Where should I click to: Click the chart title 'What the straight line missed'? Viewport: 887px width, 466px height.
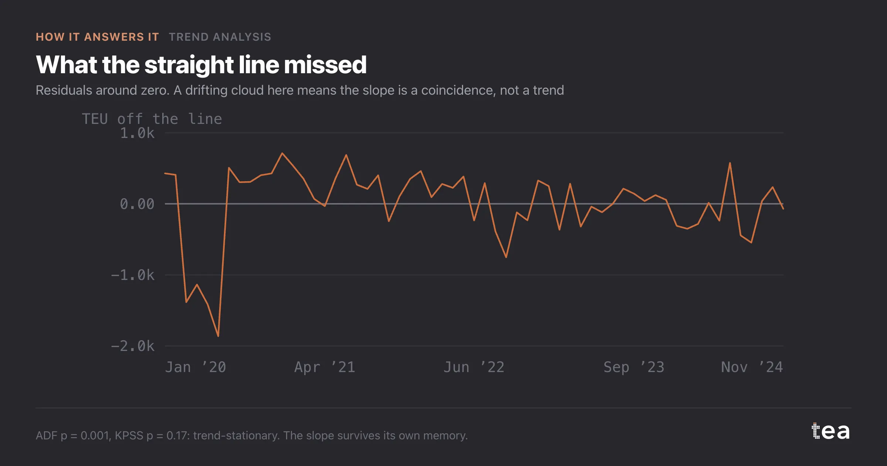[x=201, y=65]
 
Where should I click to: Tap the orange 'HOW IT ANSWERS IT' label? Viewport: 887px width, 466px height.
[x=98, y=37]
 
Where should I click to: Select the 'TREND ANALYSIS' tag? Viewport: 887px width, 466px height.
[x=220, y=37]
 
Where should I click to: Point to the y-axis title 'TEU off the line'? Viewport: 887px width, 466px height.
[x=152, y=119]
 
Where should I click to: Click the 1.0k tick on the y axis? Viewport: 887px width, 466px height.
[x=137, y=133]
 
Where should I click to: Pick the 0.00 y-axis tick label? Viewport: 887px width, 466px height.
[x=137, y=204]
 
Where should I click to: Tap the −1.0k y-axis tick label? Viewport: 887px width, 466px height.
[x=133, y=275]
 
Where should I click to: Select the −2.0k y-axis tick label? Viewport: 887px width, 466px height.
[x=133, y=346]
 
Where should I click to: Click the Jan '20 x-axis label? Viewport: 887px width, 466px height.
[x=196, y=367]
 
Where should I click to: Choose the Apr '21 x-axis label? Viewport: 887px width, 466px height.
[x=325, y=367]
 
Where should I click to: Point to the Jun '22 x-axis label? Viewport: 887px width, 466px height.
[x=474, y=367]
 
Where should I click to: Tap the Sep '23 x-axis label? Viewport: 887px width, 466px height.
[x=634, y=367]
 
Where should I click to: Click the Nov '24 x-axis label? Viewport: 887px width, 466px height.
[x=752, y=367]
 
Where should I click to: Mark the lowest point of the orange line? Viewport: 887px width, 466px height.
[x=218, y=336]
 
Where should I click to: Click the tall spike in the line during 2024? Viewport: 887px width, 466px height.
[x=730, y=163]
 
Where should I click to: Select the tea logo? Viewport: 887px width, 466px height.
[x=831, y=431]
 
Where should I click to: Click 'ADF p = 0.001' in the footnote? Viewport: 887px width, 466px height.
[x=73, y=436]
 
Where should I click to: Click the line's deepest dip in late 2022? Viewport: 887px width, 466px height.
[x=506, y=257]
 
